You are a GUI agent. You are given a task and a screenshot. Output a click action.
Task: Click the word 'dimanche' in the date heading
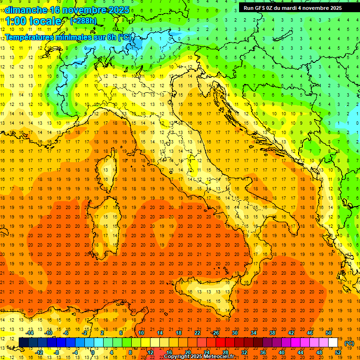(x=26, y=10)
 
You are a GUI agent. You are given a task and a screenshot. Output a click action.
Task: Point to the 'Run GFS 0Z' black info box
(x=293, y=7)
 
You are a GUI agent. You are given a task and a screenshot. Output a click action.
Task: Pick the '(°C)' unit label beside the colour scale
(x=349, y=343)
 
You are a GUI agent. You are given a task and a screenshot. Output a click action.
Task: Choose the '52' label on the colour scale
(x=338, y=352)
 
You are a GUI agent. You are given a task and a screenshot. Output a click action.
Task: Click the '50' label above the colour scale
(x=329, y=333)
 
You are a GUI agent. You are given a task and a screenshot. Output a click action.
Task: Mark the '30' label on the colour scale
(x=234, y=333)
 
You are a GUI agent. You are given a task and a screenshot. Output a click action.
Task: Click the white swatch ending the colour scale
(x=333, y=342)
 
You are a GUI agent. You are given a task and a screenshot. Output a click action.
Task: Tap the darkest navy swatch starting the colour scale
(x=23, y=342)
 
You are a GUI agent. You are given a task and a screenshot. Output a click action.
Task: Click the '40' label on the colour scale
(x=282, y=352)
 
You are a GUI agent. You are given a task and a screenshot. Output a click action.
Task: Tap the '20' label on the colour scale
(x=187, y=352)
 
